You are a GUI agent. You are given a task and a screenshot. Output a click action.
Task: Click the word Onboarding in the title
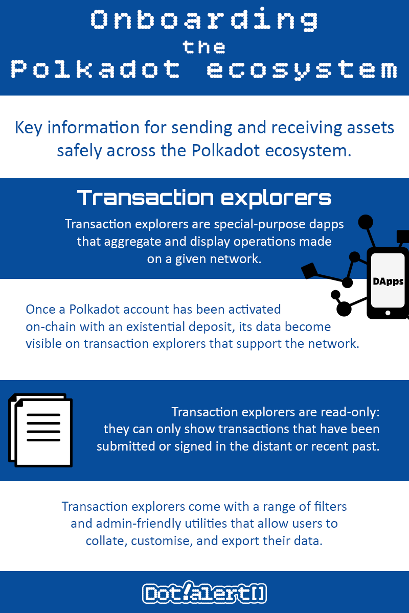pyautogui.click(x=204, y=19)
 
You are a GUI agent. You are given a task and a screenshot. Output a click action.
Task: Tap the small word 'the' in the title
pyautogui.click(x=204, y=47)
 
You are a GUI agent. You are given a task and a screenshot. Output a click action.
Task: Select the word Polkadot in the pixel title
pyautogui.click(x=95, y=69)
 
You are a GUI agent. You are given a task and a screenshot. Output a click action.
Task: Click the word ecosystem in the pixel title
pyautogui.click(x=302, y=70)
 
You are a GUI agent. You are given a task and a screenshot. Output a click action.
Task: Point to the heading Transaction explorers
pyautogui.click(x=204, y=198)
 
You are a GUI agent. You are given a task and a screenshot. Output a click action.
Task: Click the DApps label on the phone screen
pyautogui.click(x=388, y=281)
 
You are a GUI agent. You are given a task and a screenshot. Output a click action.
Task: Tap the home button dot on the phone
pyautogui.click(x=388, y=313)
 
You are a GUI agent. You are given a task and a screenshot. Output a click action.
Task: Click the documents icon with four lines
pyautogui.click(x=40, y=430)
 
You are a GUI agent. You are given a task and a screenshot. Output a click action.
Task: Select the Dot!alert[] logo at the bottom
pyautogui.click(x=204, y=594)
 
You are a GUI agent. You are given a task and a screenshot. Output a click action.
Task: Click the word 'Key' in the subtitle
pyautogui.click(x=28, y=128)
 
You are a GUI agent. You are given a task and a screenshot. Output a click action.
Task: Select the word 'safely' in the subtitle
pyautogui.click(x=79, y=151)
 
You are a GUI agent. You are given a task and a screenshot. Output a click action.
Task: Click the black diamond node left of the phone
pyautogui.click(x=309, y=271)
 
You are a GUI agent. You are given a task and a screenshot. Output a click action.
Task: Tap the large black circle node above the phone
pyautogui.click(x=366, y=222)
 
